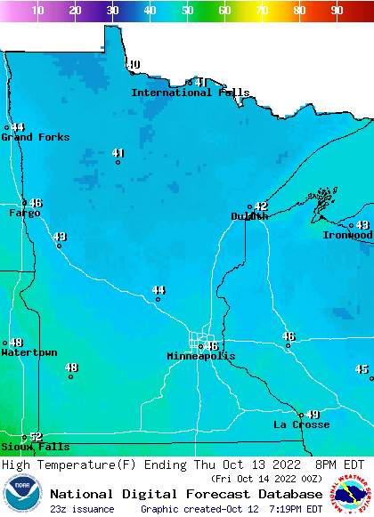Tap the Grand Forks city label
click(35, 137)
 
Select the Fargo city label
click(24, 214)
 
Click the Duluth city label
click(249, 216)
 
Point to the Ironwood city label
click(347, 235)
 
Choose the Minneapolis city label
click(201, 356)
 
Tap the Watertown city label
click(28, 352)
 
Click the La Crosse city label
click(301, 425)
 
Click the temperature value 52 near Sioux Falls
click(36, 436)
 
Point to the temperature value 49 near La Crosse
click(313, 415)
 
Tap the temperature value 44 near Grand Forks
click(18, 127)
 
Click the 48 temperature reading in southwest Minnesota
click(71, 368)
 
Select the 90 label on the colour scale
click(337, 11)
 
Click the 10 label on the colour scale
click(37, 11)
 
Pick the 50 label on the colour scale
click(187, 11)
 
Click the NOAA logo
click(22, 494)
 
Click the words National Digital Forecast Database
click(186, 494)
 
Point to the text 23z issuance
click(82, 509)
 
